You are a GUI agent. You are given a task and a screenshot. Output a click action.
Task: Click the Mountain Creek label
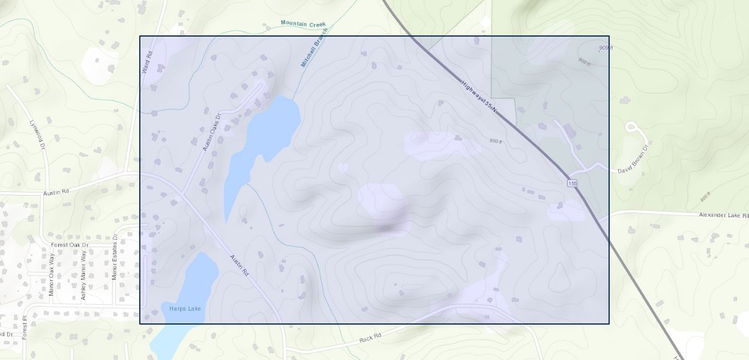(x=303, y=24)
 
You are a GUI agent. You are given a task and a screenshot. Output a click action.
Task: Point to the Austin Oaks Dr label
(x=212, y=133)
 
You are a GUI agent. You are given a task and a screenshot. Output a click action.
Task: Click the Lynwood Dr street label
(x=37, y=134)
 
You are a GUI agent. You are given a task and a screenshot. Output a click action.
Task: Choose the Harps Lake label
(x=185, y=308)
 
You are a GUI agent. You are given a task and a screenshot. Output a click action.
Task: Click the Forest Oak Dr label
(x=70, y=245)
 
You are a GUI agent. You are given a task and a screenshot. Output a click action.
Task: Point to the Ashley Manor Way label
(x=83, y=275)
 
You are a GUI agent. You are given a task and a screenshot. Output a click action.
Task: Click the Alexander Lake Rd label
(x=724, y=215)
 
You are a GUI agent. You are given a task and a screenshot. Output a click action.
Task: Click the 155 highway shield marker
(x=574, y=182)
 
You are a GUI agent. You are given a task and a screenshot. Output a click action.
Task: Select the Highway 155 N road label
(x=480, y=97)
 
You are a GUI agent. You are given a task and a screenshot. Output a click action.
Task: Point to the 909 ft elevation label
(x=606, y=48)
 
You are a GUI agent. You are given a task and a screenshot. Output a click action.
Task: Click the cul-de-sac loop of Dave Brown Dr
(x=631, y=127)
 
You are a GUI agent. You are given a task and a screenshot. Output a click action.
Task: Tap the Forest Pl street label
(x=25, y=328)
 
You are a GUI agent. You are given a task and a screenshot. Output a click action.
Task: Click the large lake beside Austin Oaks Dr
(x=264, y=138)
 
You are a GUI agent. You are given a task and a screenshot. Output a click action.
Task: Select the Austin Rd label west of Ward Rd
(x=56, y=193)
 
